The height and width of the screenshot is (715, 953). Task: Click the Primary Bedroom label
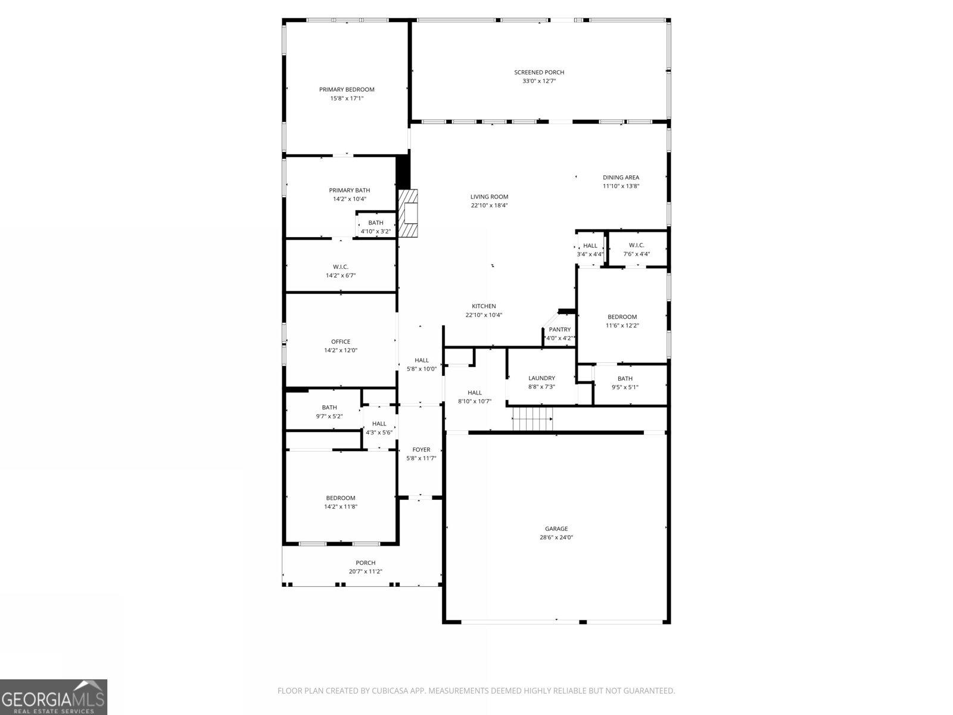(x=347, y=90)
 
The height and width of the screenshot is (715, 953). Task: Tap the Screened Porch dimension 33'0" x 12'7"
(x=539, y=81)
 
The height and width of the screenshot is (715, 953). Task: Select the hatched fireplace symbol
(x=408, y=214)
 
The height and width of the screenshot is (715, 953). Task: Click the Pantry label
(x=559, y=329)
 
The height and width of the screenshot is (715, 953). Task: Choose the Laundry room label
(x=541, y=378)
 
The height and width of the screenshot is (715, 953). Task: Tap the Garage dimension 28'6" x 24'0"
(x=556, y=537)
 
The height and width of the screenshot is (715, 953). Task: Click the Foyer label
(x=421, y=450)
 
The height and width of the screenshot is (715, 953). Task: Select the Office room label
(x=341, y=342)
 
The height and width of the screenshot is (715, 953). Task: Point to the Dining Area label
(x=621, y=178)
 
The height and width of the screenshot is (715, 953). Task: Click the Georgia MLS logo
(x=54, y=697)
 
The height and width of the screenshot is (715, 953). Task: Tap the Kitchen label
(x=484, y=306)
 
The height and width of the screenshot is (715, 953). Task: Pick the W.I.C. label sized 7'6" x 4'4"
(x=636, y=245)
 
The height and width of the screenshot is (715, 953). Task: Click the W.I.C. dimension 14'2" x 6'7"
(x=341, y=276)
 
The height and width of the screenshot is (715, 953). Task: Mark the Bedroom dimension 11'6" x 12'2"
(x=622, y=326)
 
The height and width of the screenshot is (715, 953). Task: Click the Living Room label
(x=489, y=197)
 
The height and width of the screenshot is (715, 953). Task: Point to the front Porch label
(x=366, y=563)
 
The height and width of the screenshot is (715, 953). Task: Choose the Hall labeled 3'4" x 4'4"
(x=590, y=245)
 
